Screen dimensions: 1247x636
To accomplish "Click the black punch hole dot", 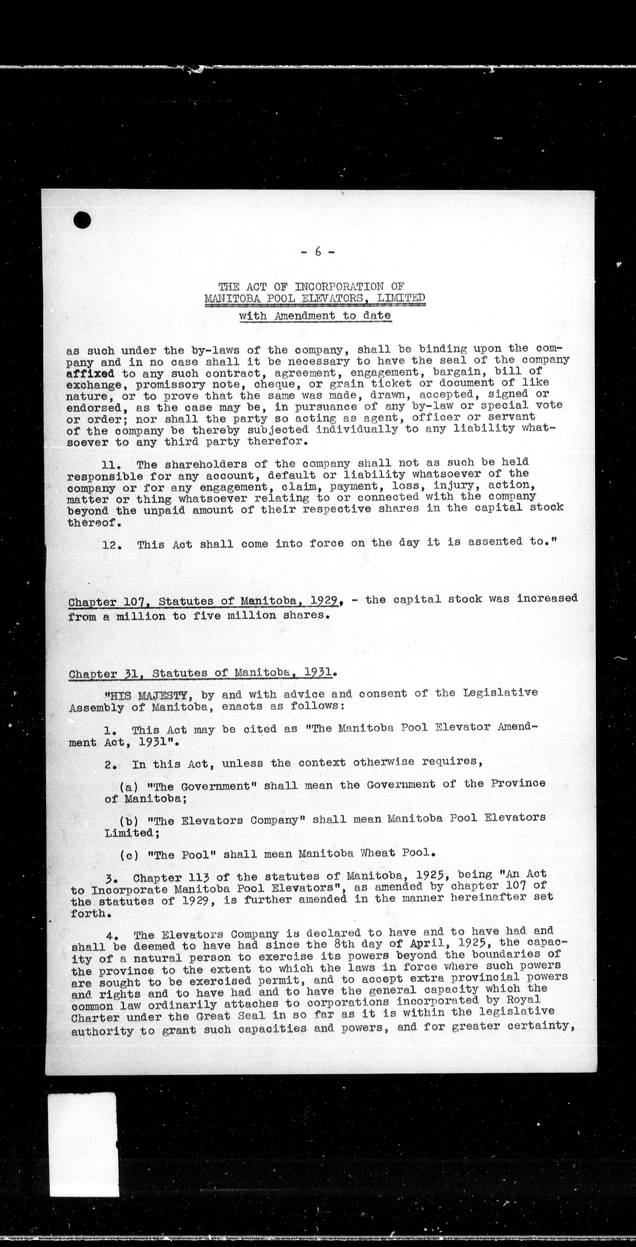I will pyautogui.click(x=82, y=220).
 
